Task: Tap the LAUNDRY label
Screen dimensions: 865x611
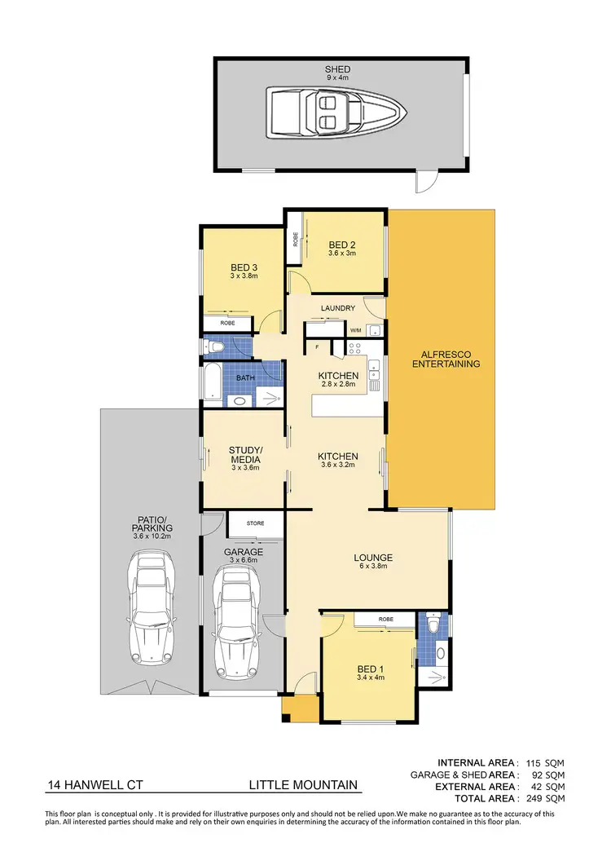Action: point(337,308)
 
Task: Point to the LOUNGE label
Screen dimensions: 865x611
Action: point(373,558)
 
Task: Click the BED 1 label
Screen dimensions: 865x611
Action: point(370,668)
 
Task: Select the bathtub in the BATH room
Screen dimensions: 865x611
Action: point(213,386)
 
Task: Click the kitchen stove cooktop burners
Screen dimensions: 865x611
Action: point(355,346)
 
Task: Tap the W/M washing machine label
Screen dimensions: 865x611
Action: point(355,331)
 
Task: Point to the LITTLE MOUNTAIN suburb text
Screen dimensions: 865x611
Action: point(303,785)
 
